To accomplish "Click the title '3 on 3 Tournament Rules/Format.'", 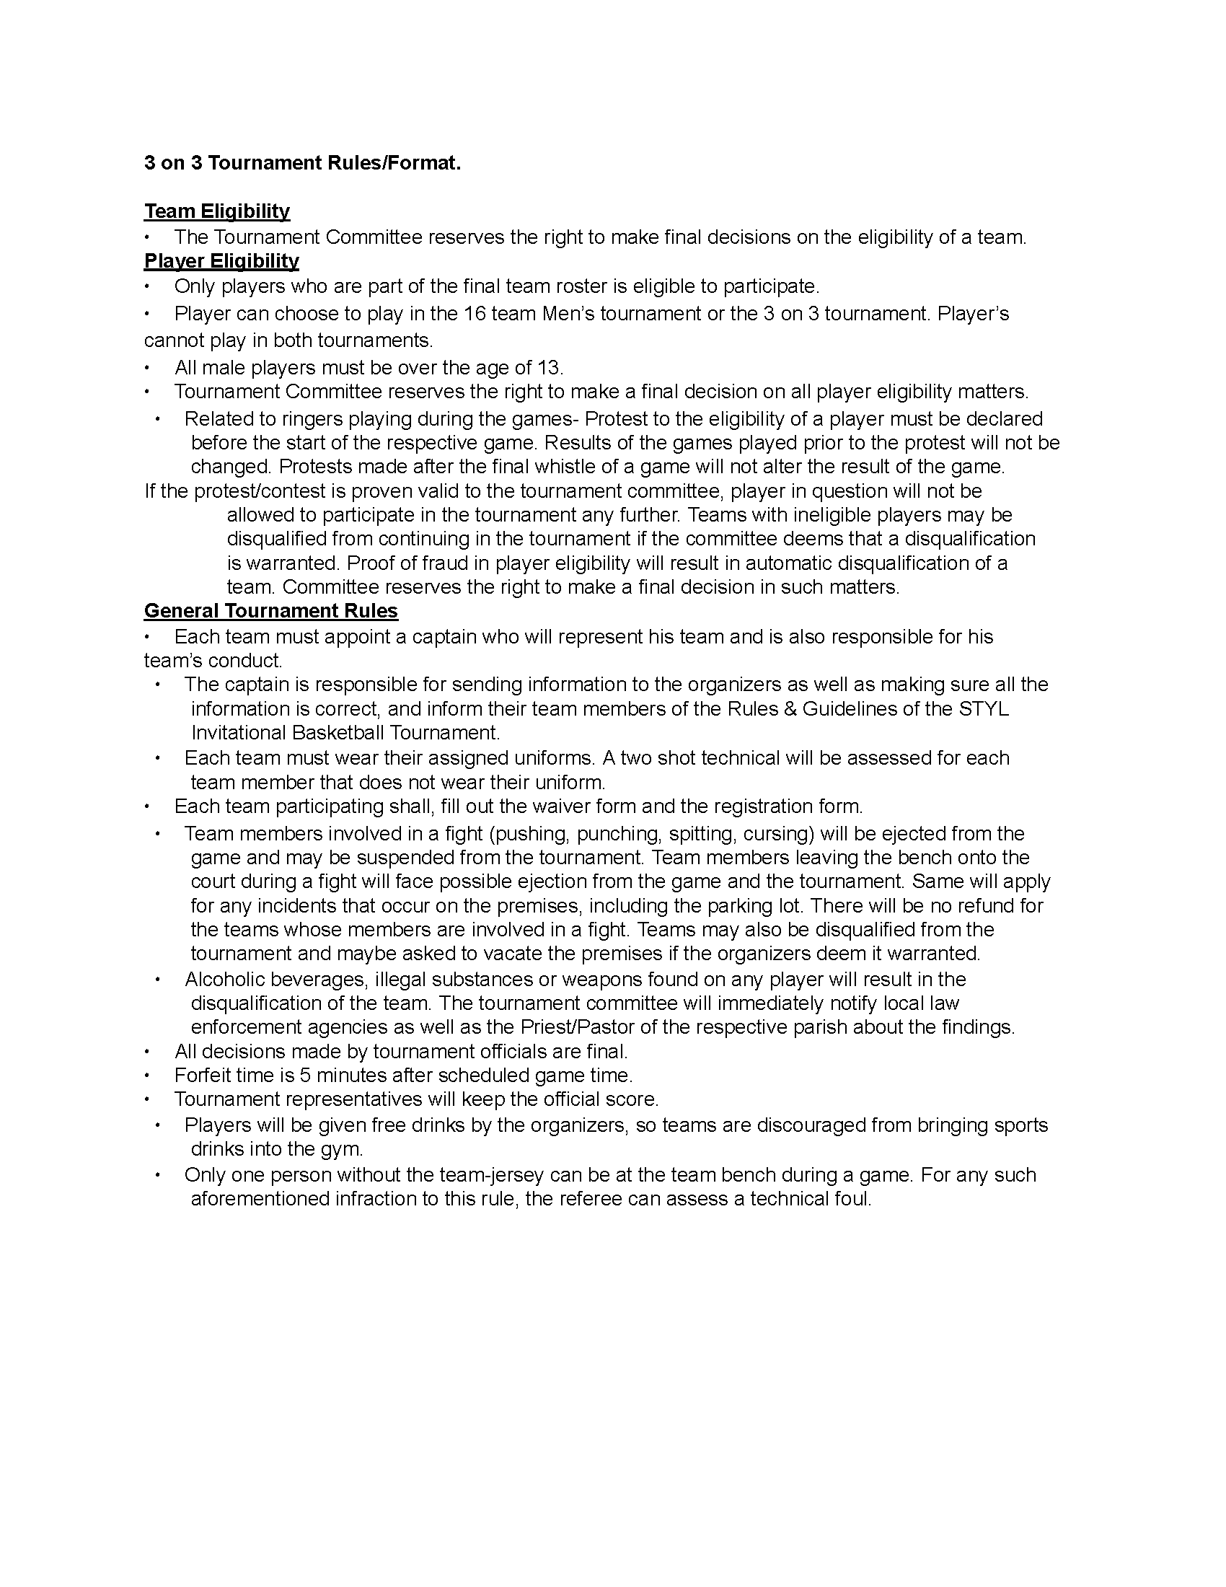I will (302, 163).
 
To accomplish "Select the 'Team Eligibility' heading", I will (216, 211).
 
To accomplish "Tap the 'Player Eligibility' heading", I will (221, 261).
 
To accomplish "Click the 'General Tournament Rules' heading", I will (270, 610).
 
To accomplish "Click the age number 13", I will (549, 368).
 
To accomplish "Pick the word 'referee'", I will (580, 1199).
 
